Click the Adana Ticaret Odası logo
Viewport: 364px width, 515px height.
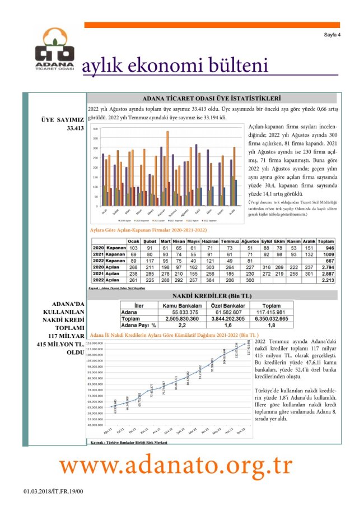(54, 49)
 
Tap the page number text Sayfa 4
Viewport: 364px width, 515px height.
(332, 35)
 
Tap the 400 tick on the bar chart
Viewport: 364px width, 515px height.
(95, 129)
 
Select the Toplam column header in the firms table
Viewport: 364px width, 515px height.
(326, 242)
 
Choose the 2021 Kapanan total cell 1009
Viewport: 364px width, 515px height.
(326, 254)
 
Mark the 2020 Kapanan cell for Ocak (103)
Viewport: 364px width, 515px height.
(133, 248)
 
